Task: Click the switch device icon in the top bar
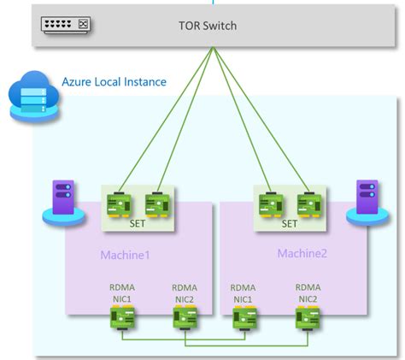(x=65, y=26)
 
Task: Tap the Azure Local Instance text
(x=114, y=82)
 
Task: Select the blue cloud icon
(x=28, y=95)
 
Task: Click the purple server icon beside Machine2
(x=361, y=200)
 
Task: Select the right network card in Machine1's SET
(x=156, y=204)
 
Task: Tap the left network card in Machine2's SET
(x=271, y=204)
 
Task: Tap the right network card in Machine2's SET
(x=308, y=204)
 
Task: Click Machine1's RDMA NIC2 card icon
(x=185, y=318)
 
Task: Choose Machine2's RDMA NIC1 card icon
(x=244, y=318)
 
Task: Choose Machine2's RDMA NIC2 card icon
(x=307, y=318)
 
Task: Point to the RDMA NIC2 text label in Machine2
(x=307, y=293)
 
